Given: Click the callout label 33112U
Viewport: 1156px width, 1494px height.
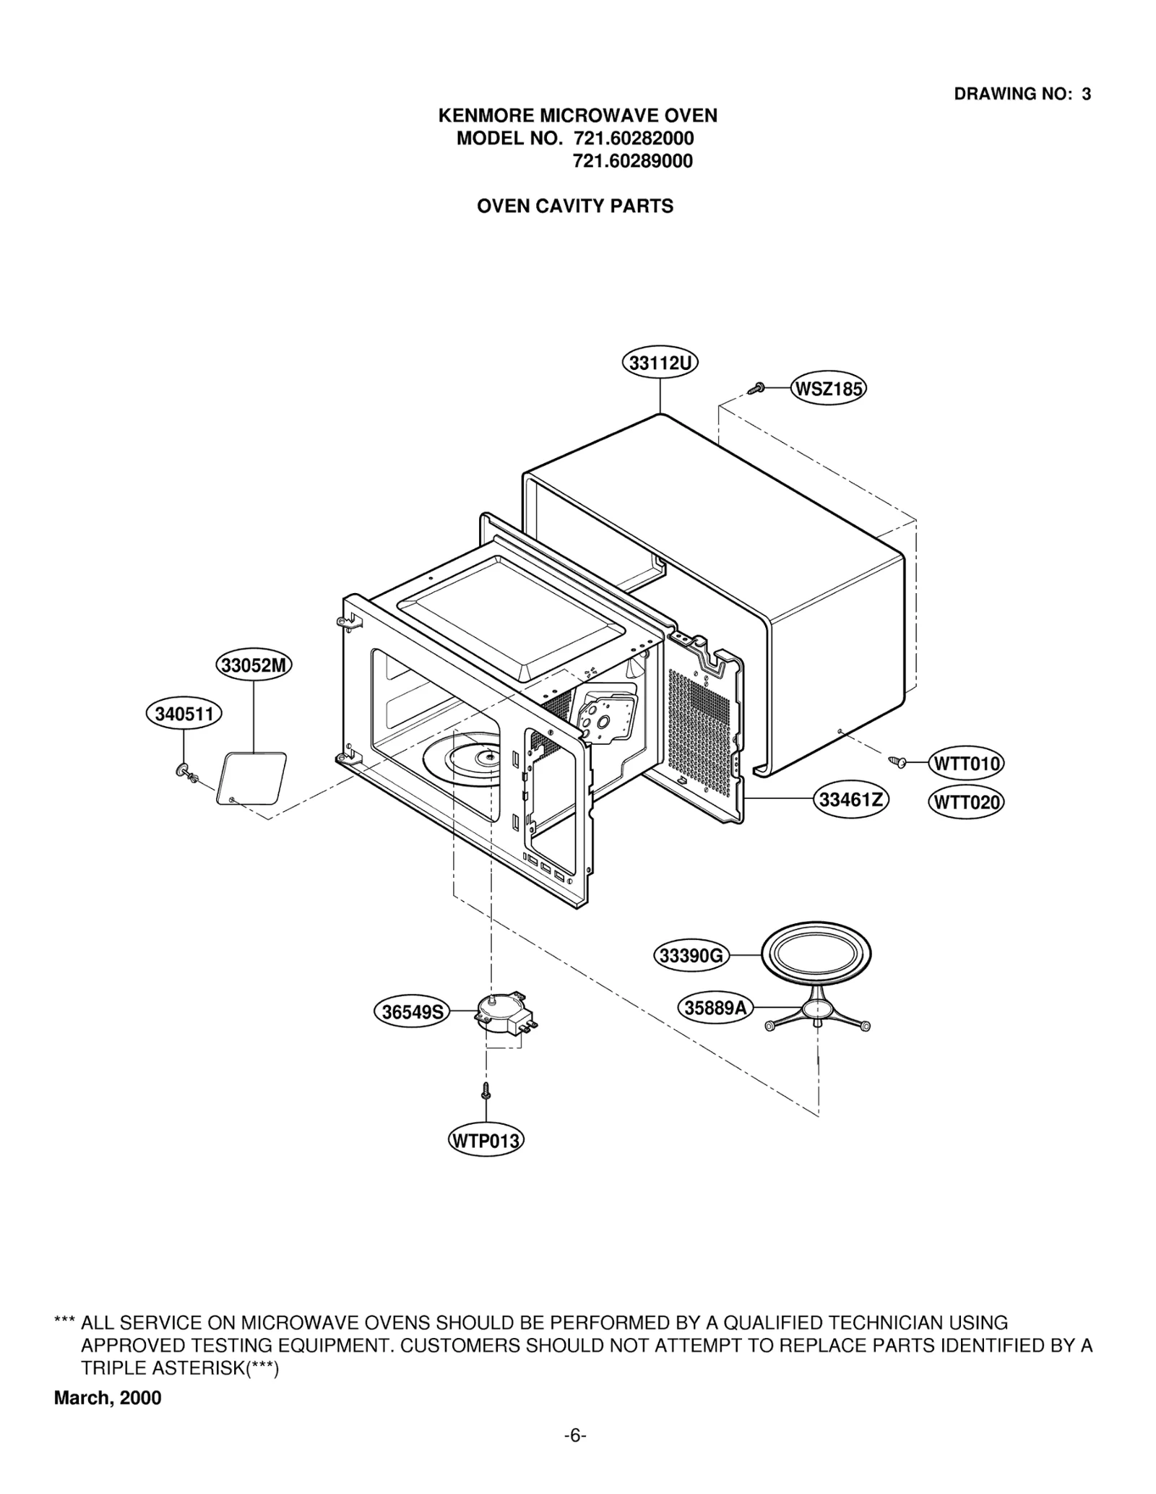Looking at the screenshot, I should (660, 363).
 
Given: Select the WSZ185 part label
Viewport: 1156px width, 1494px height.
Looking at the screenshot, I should (828, 389).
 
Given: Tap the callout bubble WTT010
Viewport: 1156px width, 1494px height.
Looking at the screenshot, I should (966, 764).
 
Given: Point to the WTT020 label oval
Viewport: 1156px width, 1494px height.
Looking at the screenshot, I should (966, 802).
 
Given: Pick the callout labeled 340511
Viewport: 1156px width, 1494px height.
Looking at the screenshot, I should (184, 714).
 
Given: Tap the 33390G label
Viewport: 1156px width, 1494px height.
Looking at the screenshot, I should (691, 956).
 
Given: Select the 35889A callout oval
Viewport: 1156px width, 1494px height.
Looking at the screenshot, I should (715, 1007).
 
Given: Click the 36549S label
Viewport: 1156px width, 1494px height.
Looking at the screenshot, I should (411, 1012).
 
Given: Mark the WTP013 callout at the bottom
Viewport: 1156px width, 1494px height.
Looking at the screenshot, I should (486, 1141).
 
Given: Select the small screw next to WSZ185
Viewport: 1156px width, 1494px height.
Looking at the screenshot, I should (756, 388).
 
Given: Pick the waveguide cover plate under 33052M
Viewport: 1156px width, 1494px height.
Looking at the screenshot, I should (251, 778).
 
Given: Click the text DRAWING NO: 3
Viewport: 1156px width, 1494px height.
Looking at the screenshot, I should (1022, 94).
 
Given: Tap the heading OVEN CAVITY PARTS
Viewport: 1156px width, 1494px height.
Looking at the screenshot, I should (574, 207).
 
